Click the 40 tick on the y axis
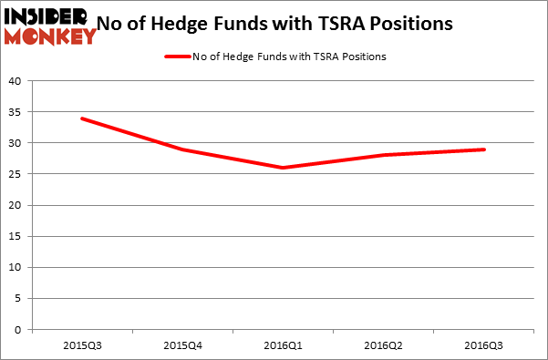pyautogui.click(x=16, y=81)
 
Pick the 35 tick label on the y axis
pyautogui.click(x=16, y=112)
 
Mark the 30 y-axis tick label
pyautogui.click(x=16, y=143)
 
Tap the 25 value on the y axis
pyautogui.click(x=16, y=174)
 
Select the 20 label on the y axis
pyautogui.click(x=16, y=205)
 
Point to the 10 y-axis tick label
pyautogui.click(x=16, y=268)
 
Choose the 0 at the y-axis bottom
pyautogui.click(x=18, y=330)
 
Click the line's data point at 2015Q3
pyautogui.click(x=82, y=118)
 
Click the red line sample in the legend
pyautogui.click(x=176, y=57)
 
